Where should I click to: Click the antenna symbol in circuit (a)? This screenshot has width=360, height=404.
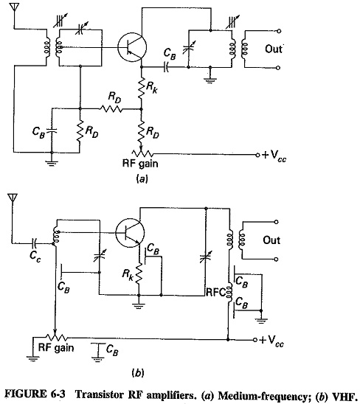click(x=15, y=7)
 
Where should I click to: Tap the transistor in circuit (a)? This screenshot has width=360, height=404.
click(x=132, y=47)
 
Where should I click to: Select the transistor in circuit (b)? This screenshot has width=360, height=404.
click(x=130, y=233)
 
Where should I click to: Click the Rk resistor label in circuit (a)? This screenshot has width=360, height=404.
click(x=152, y=88)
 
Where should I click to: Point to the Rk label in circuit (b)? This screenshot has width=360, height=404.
click(x=127, y=274)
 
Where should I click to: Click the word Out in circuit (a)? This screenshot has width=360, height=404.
click(x=274, y=49)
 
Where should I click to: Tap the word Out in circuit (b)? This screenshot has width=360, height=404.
click(x=271, y=240)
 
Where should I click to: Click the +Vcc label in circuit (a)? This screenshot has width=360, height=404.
click(x=274, y=156)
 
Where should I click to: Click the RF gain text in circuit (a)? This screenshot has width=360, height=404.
click(x=140, y=164)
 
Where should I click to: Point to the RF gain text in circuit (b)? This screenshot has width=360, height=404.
click(x=56, y=348)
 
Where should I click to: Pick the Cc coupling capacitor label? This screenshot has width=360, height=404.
click(x=35, y=256)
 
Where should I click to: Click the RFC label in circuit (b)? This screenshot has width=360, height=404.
click(x=215, y=292)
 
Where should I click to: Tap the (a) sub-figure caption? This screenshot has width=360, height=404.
click(x=142, y=179)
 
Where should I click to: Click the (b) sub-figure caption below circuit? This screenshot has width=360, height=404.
click(x=138, y=373)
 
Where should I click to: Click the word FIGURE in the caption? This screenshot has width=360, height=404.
click(x=27, y=394)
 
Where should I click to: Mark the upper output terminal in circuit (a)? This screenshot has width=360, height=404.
click(x=278, y=31)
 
